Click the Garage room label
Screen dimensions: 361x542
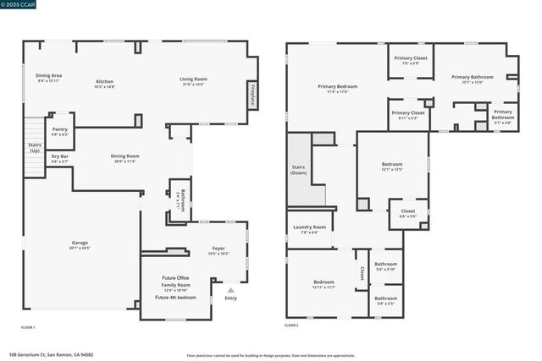[80, 245]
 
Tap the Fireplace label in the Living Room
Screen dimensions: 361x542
[252, 94]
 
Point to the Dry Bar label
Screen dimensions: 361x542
[59, 157]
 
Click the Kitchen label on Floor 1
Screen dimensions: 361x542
[104, 83]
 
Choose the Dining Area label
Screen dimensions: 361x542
[48, 77]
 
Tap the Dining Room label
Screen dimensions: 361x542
[125, 157]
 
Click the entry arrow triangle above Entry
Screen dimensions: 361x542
[230, 291]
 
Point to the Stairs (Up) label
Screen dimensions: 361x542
[34, 147]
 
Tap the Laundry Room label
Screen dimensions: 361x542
[309, 229]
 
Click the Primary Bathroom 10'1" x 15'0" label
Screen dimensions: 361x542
[466, 79]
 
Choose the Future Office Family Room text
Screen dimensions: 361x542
[176, 282]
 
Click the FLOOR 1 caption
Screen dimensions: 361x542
[29, 326]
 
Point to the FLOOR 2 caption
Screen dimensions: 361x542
[291, 326]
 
